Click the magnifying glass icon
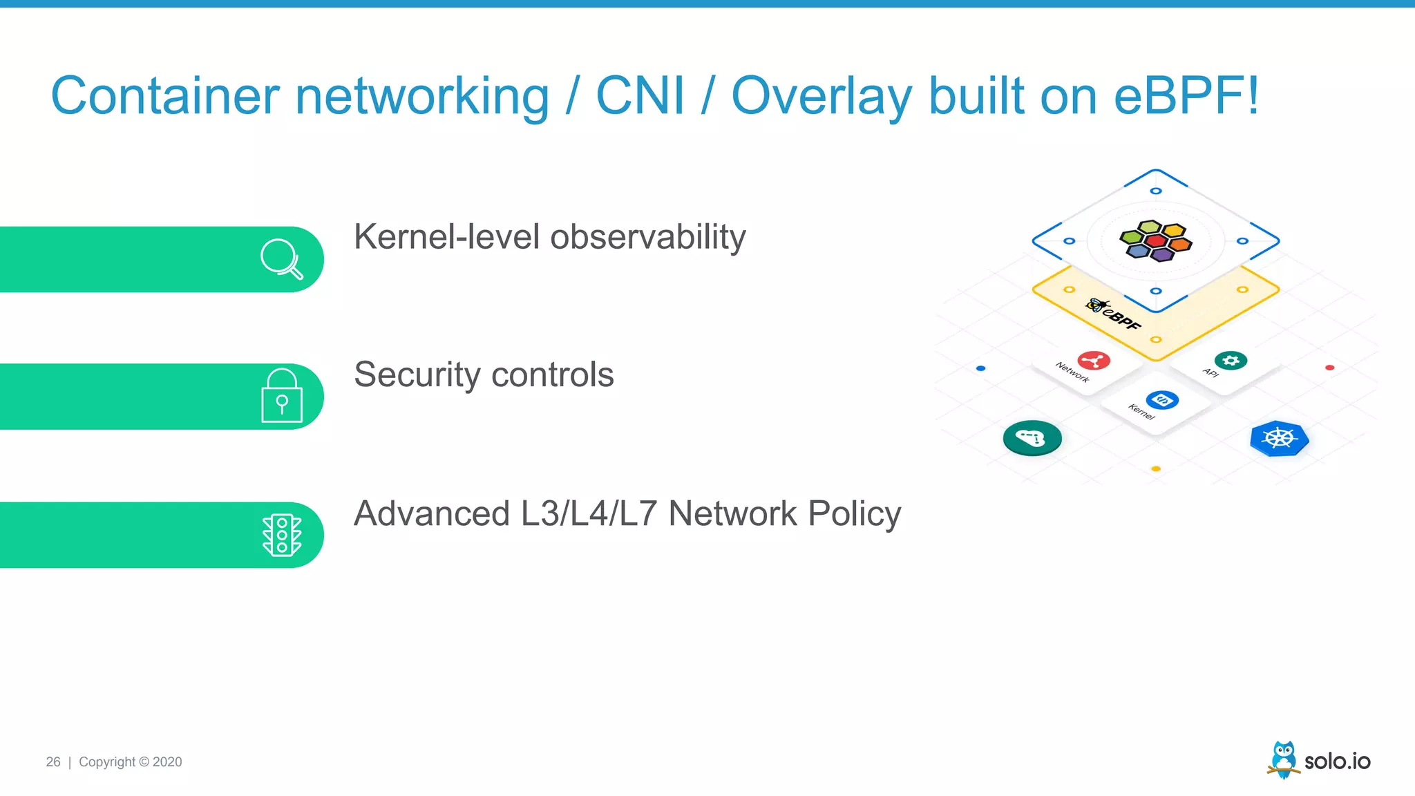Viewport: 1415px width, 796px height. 281,259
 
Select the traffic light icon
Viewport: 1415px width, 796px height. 282,535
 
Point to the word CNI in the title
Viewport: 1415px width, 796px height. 640,96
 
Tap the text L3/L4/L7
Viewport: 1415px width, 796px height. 589,513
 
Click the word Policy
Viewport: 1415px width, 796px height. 855,515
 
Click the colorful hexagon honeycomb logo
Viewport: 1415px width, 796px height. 1156,240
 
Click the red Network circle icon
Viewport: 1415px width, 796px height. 1094,360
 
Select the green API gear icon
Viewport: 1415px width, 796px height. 1231,360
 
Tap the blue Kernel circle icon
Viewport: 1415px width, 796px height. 1162,399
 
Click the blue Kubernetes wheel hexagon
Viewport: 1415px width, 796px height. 1280,438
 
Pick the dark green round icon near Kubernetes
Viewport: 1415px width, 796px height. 1032,438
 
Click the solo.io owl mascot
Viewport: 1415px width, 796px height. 1284,759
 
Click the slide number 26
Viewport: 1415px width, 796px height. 53,762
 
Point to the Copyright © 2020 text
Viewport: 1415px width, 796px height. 131,762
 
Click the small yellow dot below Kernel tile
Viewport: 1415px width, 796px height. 1156,469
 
